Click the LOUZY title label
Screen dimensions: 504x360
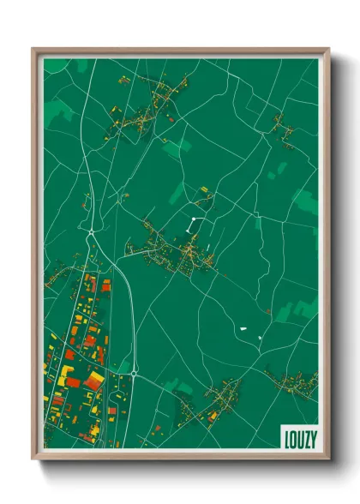click(299, 437)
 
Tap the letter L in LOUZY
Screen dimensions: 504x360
click(287, 437)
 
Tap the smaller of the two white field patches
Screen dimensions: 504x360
click(243, 327)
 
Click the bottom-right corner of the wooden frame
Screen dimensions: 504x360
click(327, 458)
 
